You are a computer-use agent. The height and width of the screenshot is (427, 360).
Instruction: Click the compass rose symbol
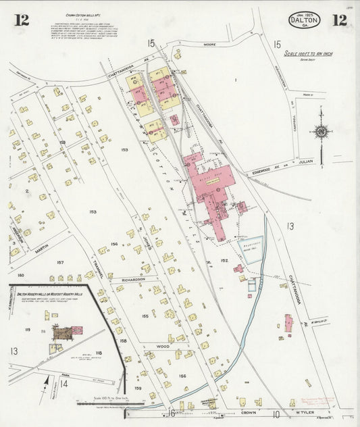coord(322,131)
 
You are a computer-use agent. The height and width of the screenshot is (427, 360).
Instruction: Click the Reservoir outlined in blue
coord(249,250)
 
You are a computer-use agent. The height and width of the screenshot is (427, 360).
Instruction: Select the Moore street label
coord(208,44)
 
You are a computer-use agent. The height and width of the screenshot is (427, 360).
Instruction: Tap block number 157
coord(60,261)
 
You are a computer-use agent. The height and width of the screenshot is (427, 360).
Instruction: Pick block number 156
coord(182,376)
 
